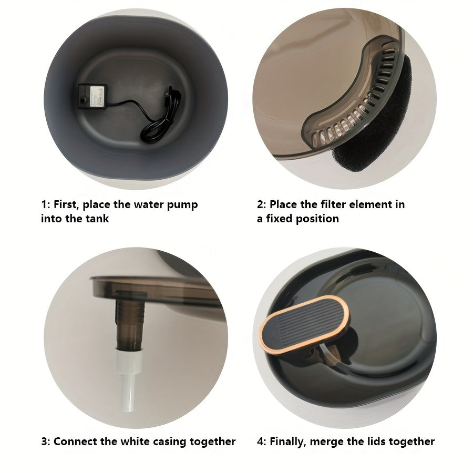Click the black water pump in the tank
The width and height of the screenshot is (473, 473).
point(92,96)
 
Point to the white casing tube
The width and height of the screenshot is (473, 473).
point(129,381)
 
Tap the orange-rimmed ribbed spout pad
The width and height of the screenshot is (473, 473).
point(305,324)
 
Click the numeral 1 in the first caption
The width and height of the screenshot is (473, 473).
point(44,204)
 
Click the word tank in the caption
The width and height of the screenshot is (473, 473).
point(97,219)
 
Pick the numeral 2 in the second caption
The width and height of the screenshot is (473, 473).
point(260,204)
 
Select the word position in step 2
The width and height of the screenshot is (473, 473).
point(317,219)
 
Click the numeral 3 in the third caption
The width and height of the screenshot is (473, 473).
point(44,441)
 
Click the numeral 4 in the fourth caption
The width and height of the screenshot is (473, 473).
point(260,441)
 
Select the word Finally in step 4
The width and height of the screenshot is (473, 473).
point(288,442)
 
